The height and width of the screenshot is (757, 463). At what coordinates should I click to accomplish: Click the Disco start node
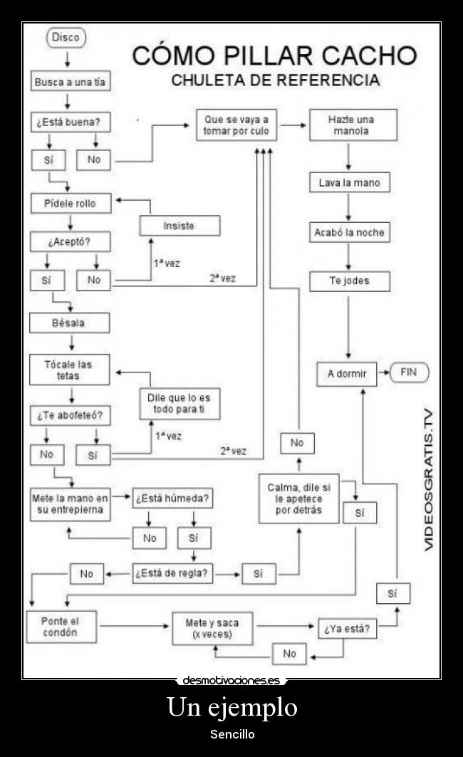[66, 38]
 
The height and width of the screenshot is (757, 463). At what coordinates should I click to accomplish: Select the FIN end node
[408, 372]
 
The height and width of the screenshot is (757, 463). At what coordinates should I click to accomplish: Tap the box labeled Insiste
[179, 226]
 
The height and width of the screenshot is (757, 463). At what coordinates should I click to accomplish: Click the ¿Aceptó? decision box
[69, 241]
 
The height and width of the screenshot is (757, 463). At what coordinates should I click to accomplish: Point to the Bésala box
[69, 323]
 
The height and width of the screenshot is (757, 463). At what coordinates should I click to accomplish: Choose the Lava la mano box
[349, 183]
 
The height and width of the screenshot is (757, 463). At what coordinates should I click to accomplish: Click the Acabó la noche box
[349, 232]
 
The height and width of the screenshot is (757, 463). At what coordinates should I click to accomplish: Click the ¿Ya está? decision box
[347, 630]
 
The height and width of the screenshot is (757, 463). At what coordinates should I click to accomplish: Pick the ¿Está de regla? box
[172, 573]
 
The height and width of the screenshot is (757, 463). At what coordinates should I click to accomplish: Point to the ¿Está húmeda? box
[172, 498]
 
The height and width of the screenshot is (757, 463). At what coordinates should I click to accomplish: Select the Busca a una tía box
[70, 82]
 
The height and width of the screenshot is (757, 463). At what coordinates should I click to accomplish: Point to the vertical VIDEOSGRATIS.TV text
[429, 479]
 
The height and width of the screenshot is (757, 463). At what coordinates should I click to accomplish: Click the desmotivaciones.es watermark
[231, 680]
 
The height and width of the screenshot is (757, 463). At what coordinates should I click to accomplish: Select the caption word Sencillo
[231, 734]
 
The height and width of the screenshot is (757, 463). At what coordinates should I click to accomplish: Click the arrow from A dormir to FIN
[384, 372]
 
